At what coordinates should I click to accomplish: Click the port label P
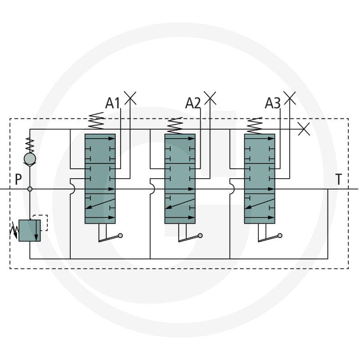(x=18, y=179)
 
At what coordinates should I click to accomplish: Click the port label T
(x=339, y=179)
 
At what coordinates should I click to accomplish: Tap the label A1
(x=112, y=103)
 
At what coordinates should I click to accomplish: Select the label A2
(x=193, y=103)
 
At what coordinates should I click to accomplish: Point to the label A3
(x=273, y=103)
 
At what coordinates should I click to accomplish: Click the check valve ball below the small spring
(x=30, y=159)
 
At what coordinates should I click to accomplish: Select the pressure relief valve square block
(x=30, y=230)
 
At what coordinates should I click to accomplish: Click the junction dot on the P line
(x=30, y=189)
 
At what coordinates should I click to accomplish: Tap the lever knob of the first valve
(x=120, y=235)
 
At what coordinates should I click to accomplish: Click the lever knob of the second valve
(x=200, y=235)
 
